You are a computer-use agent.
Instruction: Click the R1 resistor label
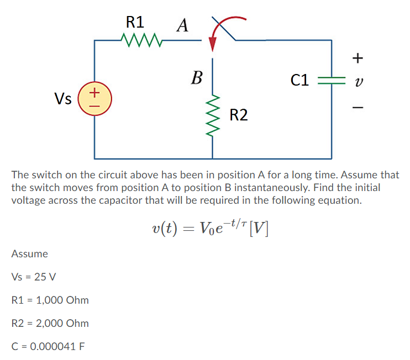pos(135,22)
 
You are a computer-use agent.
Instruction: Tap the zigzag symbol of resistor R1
pos(140,40)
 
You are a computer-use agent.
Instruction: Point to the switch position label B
pos(196,77)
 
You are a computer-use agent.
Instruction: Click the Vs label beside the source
pos(63,99)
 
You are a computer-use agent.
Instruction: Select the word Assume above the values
pos(29,254)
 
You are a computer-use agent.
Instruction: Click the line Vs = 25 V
pos(33,277)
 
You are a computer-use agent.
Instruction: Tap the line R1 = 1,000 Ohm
pos(50,300)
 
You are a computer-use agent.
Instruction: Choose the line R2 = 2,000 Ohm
pos(50,324)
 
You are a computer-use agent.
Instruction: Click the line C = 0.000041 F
pos(48,347)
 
